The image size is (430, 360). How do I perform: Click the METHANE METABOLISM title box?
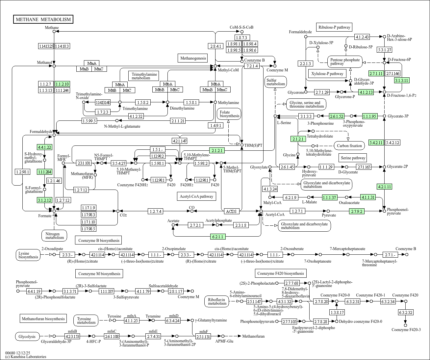click(43, 19)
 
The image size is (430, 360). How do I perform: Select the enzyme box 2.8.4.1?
click(215, 46)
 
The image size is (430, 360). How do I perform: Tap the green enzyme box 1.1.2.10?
click(62, 84)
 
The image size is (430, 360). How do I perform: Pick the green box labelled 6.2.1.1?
click(217, 237)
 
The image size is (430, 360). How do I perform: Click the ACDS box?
click(231, 211)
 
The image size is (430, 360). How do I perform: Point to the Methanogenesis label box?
click(193, 58)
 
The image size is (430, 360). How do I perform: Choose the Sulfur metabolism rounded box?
click(276, 82)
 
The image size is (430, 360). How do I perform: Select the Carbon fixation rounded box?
click(349, 146)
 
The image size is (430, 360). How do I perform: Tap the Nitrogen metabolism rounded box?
click(55, 236)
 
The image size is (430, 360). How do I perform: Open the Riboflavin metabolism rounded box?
click(217, 301)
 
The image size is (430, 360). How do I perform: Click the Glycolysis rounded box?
click(27, 336)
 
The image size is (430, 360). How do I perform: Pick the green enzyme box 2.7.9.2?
click(357, 211)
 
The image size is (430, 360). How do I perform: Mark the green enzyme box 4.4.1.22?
click(45, 147)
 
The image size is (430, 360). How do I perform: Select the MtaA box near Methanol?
click(92, 63)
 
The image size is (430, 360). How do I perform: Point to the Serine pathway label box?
click(353, 158)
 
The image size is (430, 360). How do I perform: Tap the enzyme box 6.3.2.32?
click(406, 312)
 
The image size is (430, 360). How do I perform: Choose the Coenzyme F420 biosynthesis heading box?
click(281, 273)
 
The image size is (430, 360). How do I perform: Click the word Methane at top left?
click(52, 28)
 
